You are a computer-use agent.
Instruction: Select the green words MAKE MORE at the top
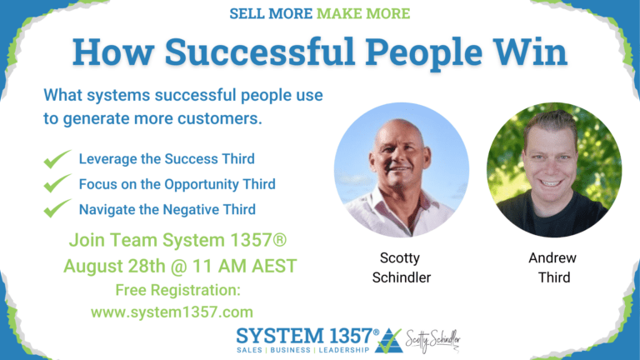coord(370,13)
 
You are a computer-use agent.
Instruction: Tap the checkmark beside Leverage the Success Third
coord(57,158)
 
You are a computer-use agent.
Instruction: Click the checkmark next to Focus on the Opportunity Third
coord(57,183)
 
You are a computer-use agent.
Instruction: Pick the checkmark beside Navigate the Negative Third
coord(57,208)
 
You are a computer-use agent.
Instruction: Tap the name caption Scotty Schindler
coord(401,267)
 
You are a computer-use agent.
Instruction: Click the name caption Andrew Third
coord(553,267)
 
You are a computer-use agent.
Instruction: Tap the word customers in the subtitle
coord(221,118)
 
